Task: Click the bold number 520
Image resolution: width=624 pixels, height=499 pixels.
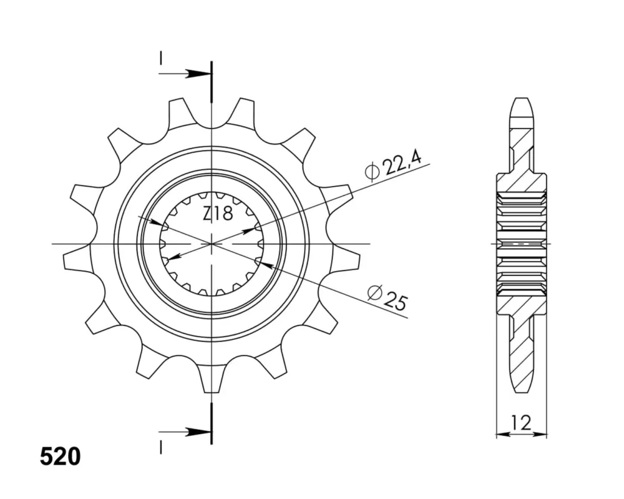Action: click(60, 457)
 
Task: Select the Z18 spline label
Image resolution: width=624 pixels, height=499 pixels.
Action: click(218, 214)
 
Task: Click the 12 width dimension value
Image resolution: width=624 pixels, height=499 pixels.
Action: click(521, 422)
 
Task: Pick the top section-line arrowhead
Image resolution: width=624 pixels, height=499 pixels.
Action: click(198, 74)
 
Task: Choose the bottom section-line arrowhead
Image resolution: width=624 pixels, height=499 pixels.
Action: click(198, 432)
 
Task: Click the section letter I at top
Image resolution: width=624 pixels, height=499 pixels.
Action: click(160, 59)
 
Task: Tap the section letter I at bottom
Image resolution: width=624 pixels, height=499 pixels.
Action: click(160, 447)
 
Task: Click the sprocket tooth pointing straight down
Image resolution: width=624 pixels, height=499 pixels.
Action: click(212, 378)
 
